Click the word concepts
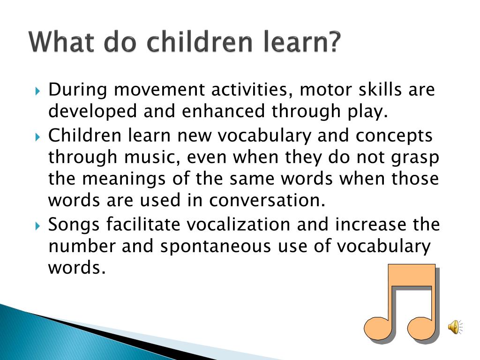(394, 136)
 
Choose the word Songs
(75, 225)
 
